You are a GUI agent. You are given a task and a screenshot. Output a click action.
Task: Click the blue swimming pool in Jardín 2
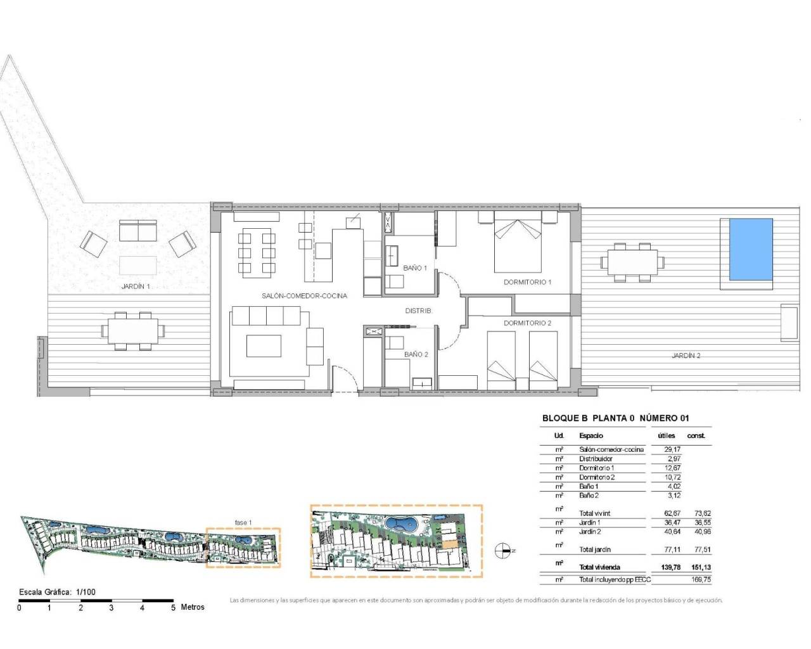click(751, 249)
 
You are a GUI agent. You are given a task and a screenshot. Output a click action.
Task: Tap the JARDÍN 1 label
click(136, 286)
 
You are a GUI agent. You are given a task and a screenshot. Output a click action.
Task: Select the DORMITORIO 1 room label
click(527, 282)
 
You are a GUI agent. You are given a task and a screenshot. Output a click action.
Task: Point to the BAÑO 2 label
click(416, 354)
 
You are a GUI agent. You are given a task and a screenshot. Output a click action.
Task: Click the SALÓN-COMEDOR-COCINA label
click(304, 296)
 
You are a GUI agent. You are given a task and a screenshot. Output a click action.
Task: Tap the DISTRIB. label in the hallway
click(418, 311)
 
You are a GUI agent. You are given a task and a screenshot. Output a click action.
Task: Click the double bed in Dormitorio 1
click(518, 246)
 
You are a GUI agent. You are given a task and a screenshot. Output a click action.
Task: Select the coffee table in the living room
click(263, 346)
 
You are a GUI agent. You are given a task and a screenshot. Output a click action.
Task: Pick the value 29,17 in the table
click(672, 449)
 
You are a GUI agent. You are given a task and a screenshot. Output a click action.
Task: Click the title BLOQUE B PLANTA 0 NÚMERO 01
click(615, 418)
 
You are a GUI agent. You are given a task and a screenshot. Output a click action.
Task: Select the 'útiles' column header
click(667, 436)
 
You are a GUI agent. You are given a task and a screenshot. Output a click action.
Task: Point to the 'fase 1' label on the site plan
click(243, 523)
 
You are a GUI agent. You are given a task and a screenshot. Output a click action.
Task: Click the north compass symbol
click(504, 551)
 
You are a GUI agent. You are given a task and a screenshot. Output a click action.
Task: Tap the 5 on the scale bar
click(173, 608)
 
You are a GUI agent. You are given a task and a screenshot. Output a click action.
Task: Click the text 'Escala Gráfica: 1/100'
click(57, 593)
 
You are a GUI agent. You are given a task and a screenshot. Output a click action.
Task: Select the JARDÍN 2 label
click(686, 356)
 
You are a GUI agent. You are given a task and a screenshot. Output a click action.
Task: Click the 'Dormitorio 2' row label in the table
click(596, 477)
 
